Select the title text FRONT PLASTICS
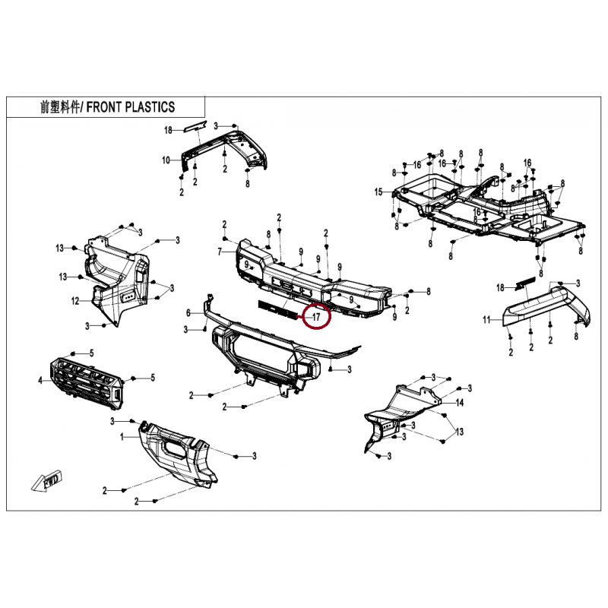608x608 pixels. (x=131, y=107)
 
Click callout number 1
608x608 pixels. (x=122, y=437)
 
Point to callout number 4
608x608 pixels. (x=41, y=380)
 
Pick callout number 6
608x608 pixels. (x=188, y=313)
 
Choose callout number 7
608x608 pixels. (x=220, y=252)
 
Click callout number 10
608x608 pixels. (x=166, y=160)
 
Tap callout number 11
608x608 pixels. (x=487, y=320)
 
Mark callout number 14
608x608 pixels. (x=459, y=403)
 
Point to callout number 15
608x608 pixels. (x=378, y=192)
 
